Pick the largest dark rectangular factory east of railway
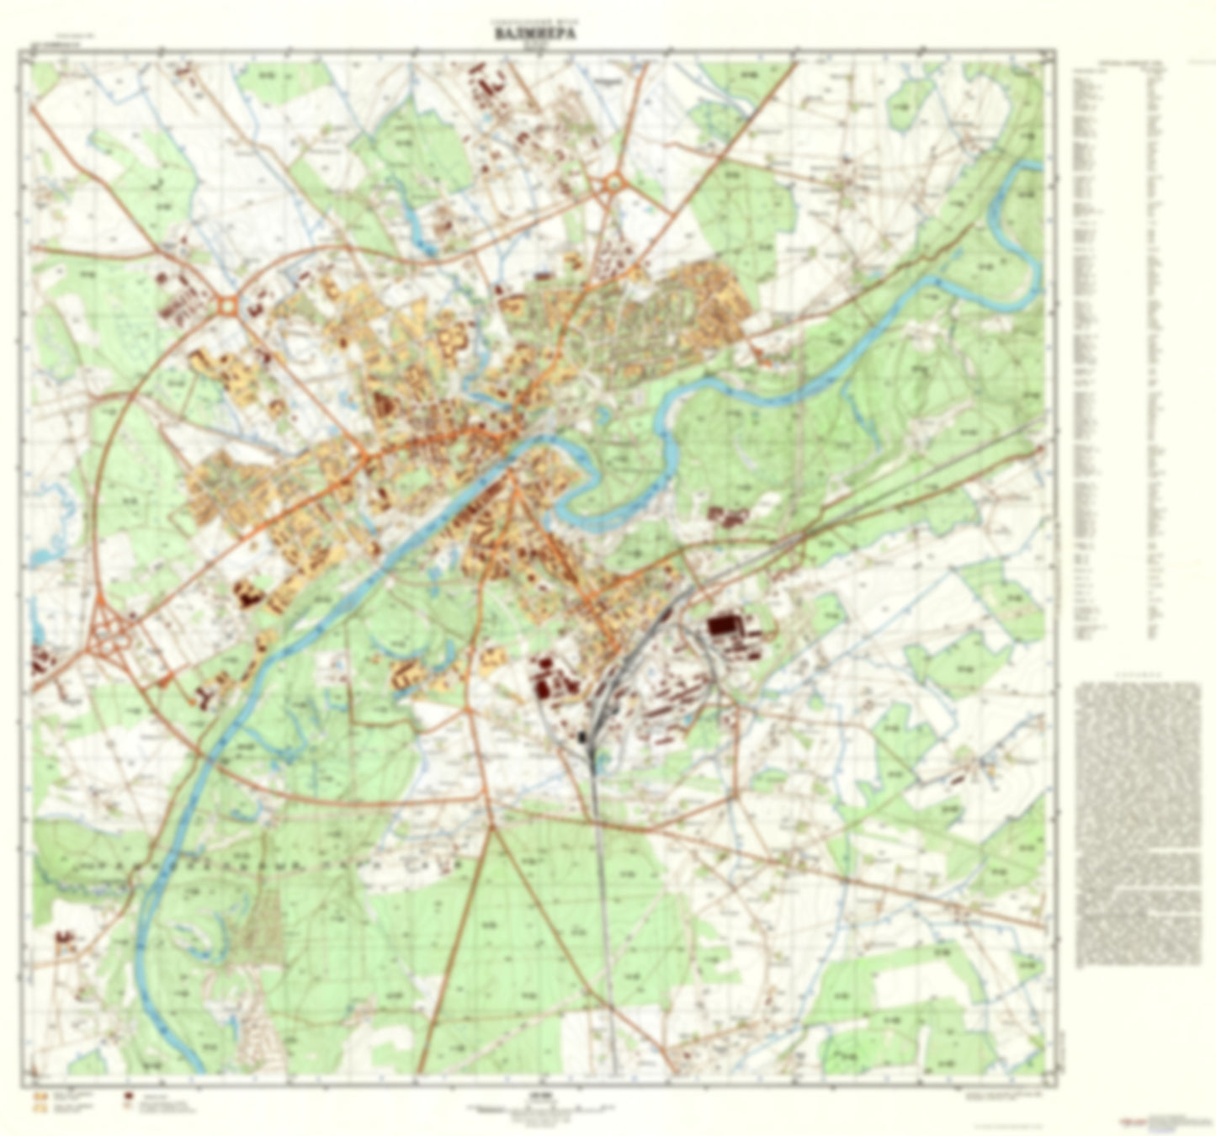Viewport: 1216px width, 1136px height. pos(722,625)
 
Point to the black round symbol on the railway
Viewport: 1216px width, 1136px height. pos(582,737)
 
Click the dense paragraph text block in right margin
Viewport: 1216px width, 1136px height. pos(1138,825)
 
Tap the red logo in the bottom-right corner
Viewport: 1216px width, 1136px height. pos(1128,1122)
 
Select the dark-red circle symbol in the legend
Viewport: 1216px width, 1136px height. pos(129,1097)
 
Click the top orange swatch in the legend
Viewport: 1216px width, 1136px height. pos(37,1097)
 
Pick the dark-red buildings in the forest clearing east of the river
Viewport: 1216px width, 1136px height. pos(726,516)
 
